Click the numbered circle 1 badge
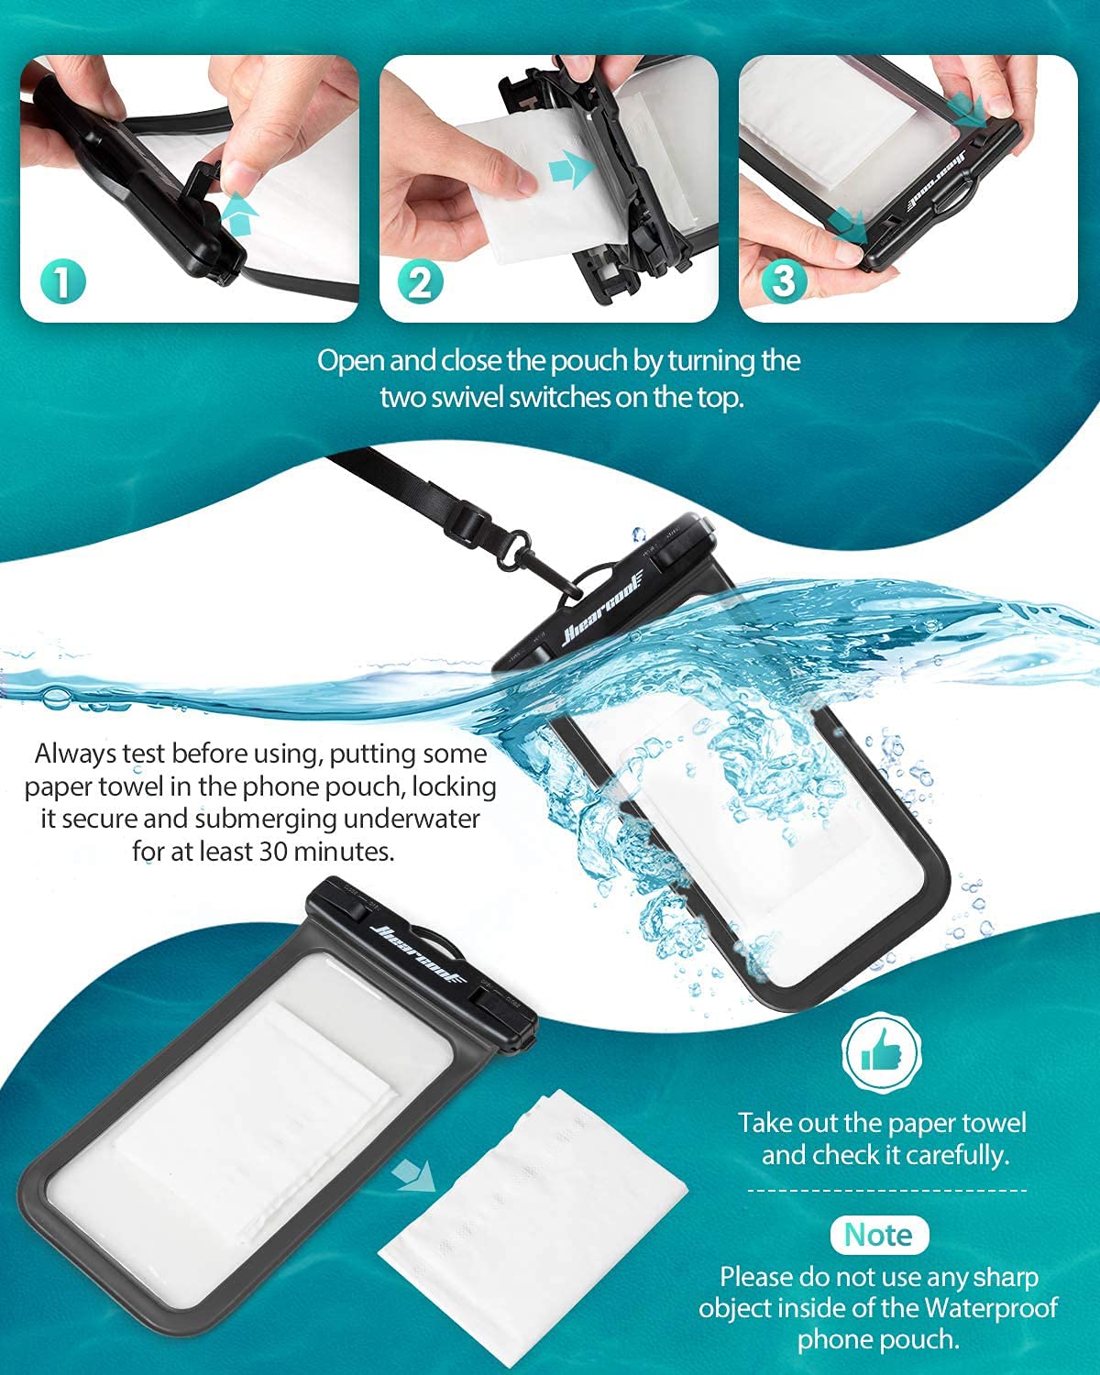coord(61,280)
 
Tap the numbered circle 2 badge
coord(420,280)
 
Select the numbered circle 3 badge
coord(782,280)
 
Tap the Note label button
coord(878,1235)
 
